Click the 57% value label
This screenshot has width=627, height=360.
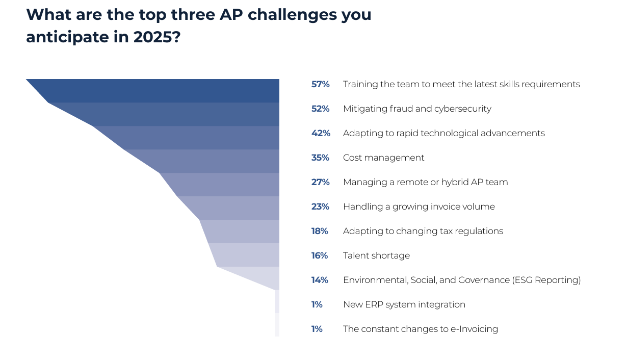320,84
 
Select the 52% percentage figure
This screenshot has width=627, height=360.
320,109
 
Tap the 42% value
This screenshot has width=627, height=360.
321,133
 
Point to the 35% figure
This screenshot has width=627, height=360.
320,158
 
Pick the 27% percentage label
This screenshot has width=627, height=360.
320,182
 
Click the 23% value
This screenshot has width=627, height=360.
320,207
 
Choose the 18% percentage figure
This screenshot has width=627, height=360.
320,231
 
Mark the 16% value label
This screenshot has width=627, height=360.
320,255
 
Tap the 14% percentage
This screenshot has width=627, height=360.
320,280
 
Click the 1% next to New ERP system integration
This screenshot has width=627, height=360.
317,304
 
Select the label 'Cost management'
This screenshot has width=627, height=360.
383,158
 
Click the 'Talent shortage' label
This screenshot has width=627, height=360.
376,255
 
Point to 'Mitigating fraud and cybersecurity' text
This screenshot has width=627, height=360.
417,109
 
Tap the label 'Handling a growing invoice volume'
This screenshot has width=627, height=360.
419,207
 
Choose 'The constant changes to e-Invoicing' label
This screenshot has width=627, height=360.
420,329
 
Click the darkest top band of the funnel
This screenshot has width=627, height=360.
163,90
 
